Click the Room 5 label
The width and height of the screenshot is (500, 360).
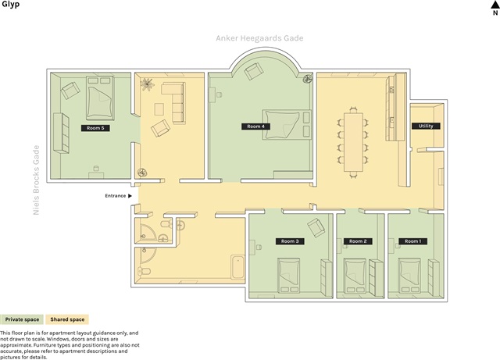click(x=95, y=128)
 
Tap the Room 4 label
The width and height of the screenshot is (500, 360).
click(x=255, y=127)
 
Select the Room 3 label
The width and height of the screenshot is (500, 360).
click(x=290, y=241)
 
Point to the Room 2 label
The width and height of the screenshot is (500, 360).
click(x=358, y=241)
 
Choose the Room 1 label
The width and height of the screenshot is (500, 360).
click(x=413, y=241)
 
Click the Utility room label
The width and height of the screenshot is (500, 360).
click(x=426, y=126)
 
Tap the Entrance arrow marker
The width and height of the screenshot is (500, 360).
click(x=130, y=196)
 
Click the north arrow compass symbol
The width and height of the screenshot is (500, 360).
click(x=495, y=8)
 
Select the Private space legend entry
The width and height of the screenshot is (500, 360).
click(x=22, y=319)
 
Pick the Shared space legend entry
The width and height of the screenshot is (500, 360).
click(x=67, y=319)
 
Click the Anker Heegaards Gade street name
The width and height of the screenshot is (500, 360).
click(x=259, y=38)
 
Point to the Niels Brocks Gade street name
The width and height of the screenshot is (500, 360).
click(x=37, y=180)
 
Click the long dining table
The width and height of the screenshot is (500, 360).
click(x=353, y=142)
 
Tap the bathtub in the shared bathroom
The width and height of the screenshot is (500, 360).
click(x=237, y=267)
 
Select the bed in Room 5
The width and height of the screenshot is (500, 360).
click(x=100, y=98)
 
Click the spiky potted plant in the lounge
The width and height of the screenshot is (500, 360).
click(x=147, y=84)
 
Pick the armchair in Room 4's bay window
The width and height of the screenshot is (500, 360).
click(x=254, y=71)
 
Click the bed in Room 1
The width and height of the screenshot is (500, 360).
click(x=409, y=276)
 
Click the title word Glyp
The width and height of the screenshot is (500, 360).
click(x=10, y=5)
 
